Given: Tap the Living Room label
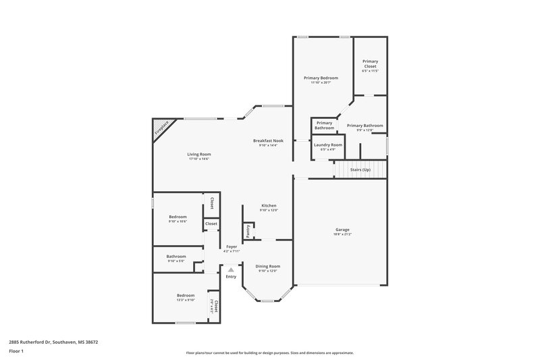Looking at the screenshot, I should pyautogui.click(x=199, y=155).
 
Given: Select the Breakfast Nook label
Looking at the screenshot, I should pyautogui.click(x=268, y=140).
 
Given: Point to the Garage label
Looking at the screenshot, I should pyautogui.click(x=342, y=229).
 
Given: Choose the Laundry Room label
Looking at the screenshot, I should pyautogui.click(x=328, y=145).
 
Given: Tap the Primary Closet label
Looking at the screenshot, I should pyautogui.click(x=370, y=63).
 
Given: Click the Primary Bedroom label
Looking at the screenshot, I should pyautogui.click(x=321, y=78).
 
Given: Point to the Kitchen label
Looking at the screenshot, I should pyautogui.click(x=269, y=205).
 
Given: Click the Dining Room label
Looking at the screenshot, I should pyautogui.click(x=267, y=266).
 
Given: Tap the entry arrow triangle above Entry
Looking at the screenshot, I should pyautogui.click(x=231, y=269).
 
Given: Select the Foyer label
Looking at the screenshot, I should pyautogui.click(x=232, y=247).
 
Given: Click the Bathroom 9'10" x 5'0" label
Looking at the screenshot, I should pyautogui.click(x=176, y=256).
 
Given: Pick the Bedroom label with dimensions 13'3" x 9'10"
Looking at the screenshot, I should pyautogui.click(x=186, y=295).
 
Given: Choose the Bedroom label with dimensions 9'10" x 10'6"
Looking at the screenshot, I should pyautogui.click(x=178, y=217).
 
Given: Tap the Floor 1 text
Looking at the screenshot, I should pyautogui.click(x=17, y=352).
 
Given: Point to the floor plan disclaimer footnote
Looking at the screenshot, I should pyautogui.click(x=269, y=353).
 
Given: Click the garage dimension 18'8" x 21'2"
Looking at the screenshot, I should pyautogui.click(x=342, y=234).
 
